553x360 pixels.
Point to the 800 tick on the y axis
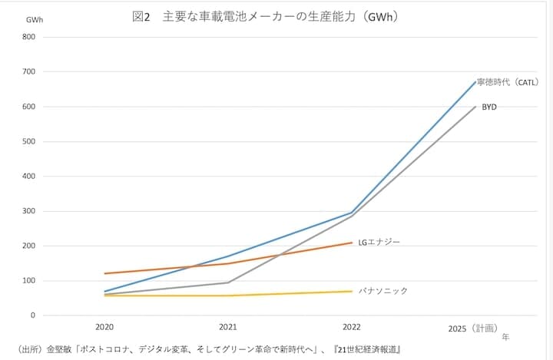point(28,37)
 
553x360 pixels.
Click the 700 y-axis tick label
point(28,72)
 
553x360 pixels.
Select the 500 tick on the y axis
point(28,142)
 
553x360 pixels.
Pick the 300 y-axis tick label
point(28,211)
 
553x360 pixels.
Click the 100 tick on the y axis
point(28,281)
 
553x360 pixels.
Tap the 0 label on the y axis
point(33,315)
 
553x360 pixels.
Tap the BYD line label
point(489,107)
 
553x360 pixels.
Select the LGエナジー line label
point(379,242)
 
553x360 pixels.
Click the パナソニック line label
point(382,291)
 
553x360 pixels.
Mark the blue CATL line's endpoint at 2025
point(476,81)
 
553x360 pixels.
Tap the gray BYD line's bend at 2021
point(227,282)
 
